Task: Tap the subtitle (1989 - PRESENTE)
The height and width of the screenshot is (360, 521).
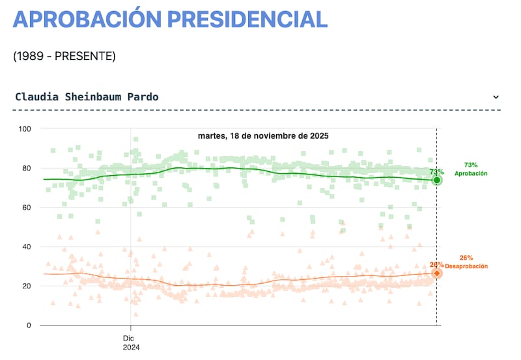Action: [x=64, y=57]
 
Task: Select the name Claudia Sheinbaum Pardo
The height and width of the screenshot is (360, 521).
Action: [x=87, y=97]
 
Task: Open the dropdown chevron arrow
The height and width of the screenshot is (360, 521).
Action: [x=496, y=97]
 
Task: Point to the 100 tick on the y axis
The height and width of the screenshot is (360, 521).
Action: [x=25, y=129]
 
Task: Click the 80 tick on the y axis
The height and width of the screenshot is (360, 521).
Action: [x=27, y=168]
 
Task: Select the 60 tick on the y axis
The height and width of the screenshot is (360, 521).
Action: [x=27, y=208]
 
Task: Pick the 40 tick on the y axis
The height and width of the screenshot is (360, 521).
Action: [x=27, y=247]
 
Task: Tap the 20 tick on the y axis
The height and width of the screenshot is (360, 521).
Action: [x=27, y=286]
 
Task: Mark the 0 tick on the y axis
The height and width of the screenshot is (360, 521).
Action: [x=29, y=325]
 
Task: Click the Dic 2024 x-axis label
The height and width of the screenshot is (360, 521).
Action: [x=131, y=342]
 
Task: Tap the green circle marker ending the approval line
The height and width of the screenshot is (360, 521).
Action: [x=437, y=180]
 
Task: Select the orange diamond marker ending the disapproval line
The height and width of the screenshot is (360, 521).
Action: [x=437, y=273]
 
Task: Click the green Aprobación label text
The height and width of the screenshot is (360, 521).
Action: [x=471, y=174]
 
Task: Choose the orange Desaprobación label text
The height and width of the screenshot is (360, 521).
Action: [x=466, y=267]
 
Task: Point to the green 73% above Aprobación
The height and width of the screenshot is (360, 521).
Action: [x=471, y=165]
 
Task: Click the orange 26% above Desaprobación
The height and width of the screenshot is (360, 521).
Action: [x=466, y=258]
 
